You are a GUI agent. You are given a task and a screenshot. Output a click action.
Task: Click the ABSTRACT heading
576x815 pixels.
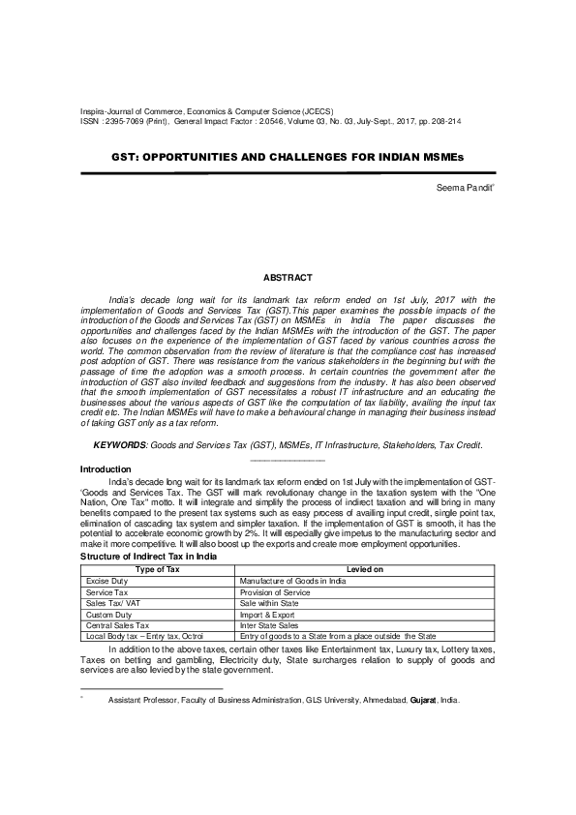tap(288, 278)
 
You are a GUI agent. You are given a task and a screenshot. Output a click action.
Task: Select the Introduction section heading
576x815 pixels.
tap(107, 468)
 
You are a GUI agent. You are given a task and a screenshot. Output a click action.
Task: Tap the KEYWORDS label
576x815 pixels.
tap(120, 444)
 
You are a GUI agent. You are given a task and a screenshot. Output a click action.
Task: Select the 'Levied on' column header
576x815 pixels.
tap(365, 569)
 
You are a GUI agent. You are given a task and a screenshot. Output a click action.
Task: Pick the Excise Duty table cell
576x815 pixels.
tap(106, 581)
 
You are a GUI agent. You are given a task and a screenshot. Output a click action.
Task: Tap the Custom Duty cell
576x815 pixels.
tap(107, 614)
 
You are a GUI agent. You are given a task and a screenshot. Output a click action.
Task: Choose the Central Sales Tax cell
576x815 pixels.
tap(117, 625)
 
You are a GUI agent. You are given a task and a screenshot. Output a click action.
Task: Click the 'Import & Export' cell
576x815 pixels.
tap(267, 614)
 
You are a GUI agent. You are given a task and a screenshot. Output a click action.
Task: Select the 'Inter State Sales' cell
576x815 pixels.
tap(268, 625)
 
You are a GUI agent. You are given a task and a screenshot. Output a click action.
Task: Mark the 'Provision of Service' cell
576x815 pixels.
tap(274, 591)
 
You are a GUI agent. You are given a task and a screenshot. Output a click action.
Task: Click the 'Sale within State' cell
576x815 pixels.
tap(269, 603)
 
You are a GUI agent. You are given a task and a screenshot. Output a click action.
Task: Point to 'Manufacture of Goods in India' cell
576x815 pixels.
tap(291, 581)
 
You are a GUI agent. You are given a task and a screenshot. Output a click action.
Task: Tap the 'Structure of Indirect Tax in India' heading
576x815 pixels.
tap(147, 558)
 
